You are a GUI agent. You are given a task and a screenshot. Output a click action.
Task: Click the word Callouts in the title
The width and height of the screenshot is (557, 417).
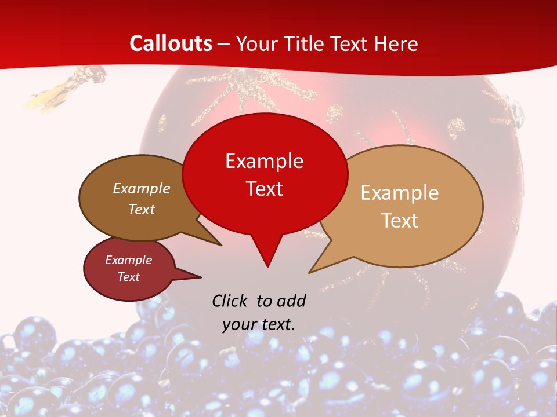(171, 43)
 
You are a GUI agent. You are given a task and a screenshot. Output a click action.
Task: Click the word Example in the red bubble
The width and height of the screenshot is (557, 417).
(264, 160)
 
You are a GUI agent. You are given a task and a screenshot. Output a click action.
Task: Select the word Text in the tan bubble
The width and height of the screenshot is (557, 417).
(400, 220)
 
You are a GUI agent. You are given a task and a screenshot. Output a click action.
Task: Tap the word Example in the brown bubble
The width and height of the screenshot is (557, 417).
(141, 188)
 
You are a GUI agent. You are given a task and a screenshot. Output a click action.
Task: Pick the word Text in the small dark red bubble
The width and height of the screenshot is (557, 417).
(128, 277)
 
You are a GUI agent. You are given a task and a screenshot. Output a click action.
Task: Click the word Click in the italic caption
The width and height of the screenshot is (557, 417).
(231, 301)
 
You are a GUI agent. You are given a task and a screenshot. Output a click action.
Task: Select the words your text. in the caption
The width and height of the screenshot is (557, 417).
(258, 324)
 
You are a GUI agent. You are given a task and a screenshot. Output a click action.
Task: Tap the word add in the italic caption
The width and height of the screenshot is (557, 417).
(291, 301)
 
